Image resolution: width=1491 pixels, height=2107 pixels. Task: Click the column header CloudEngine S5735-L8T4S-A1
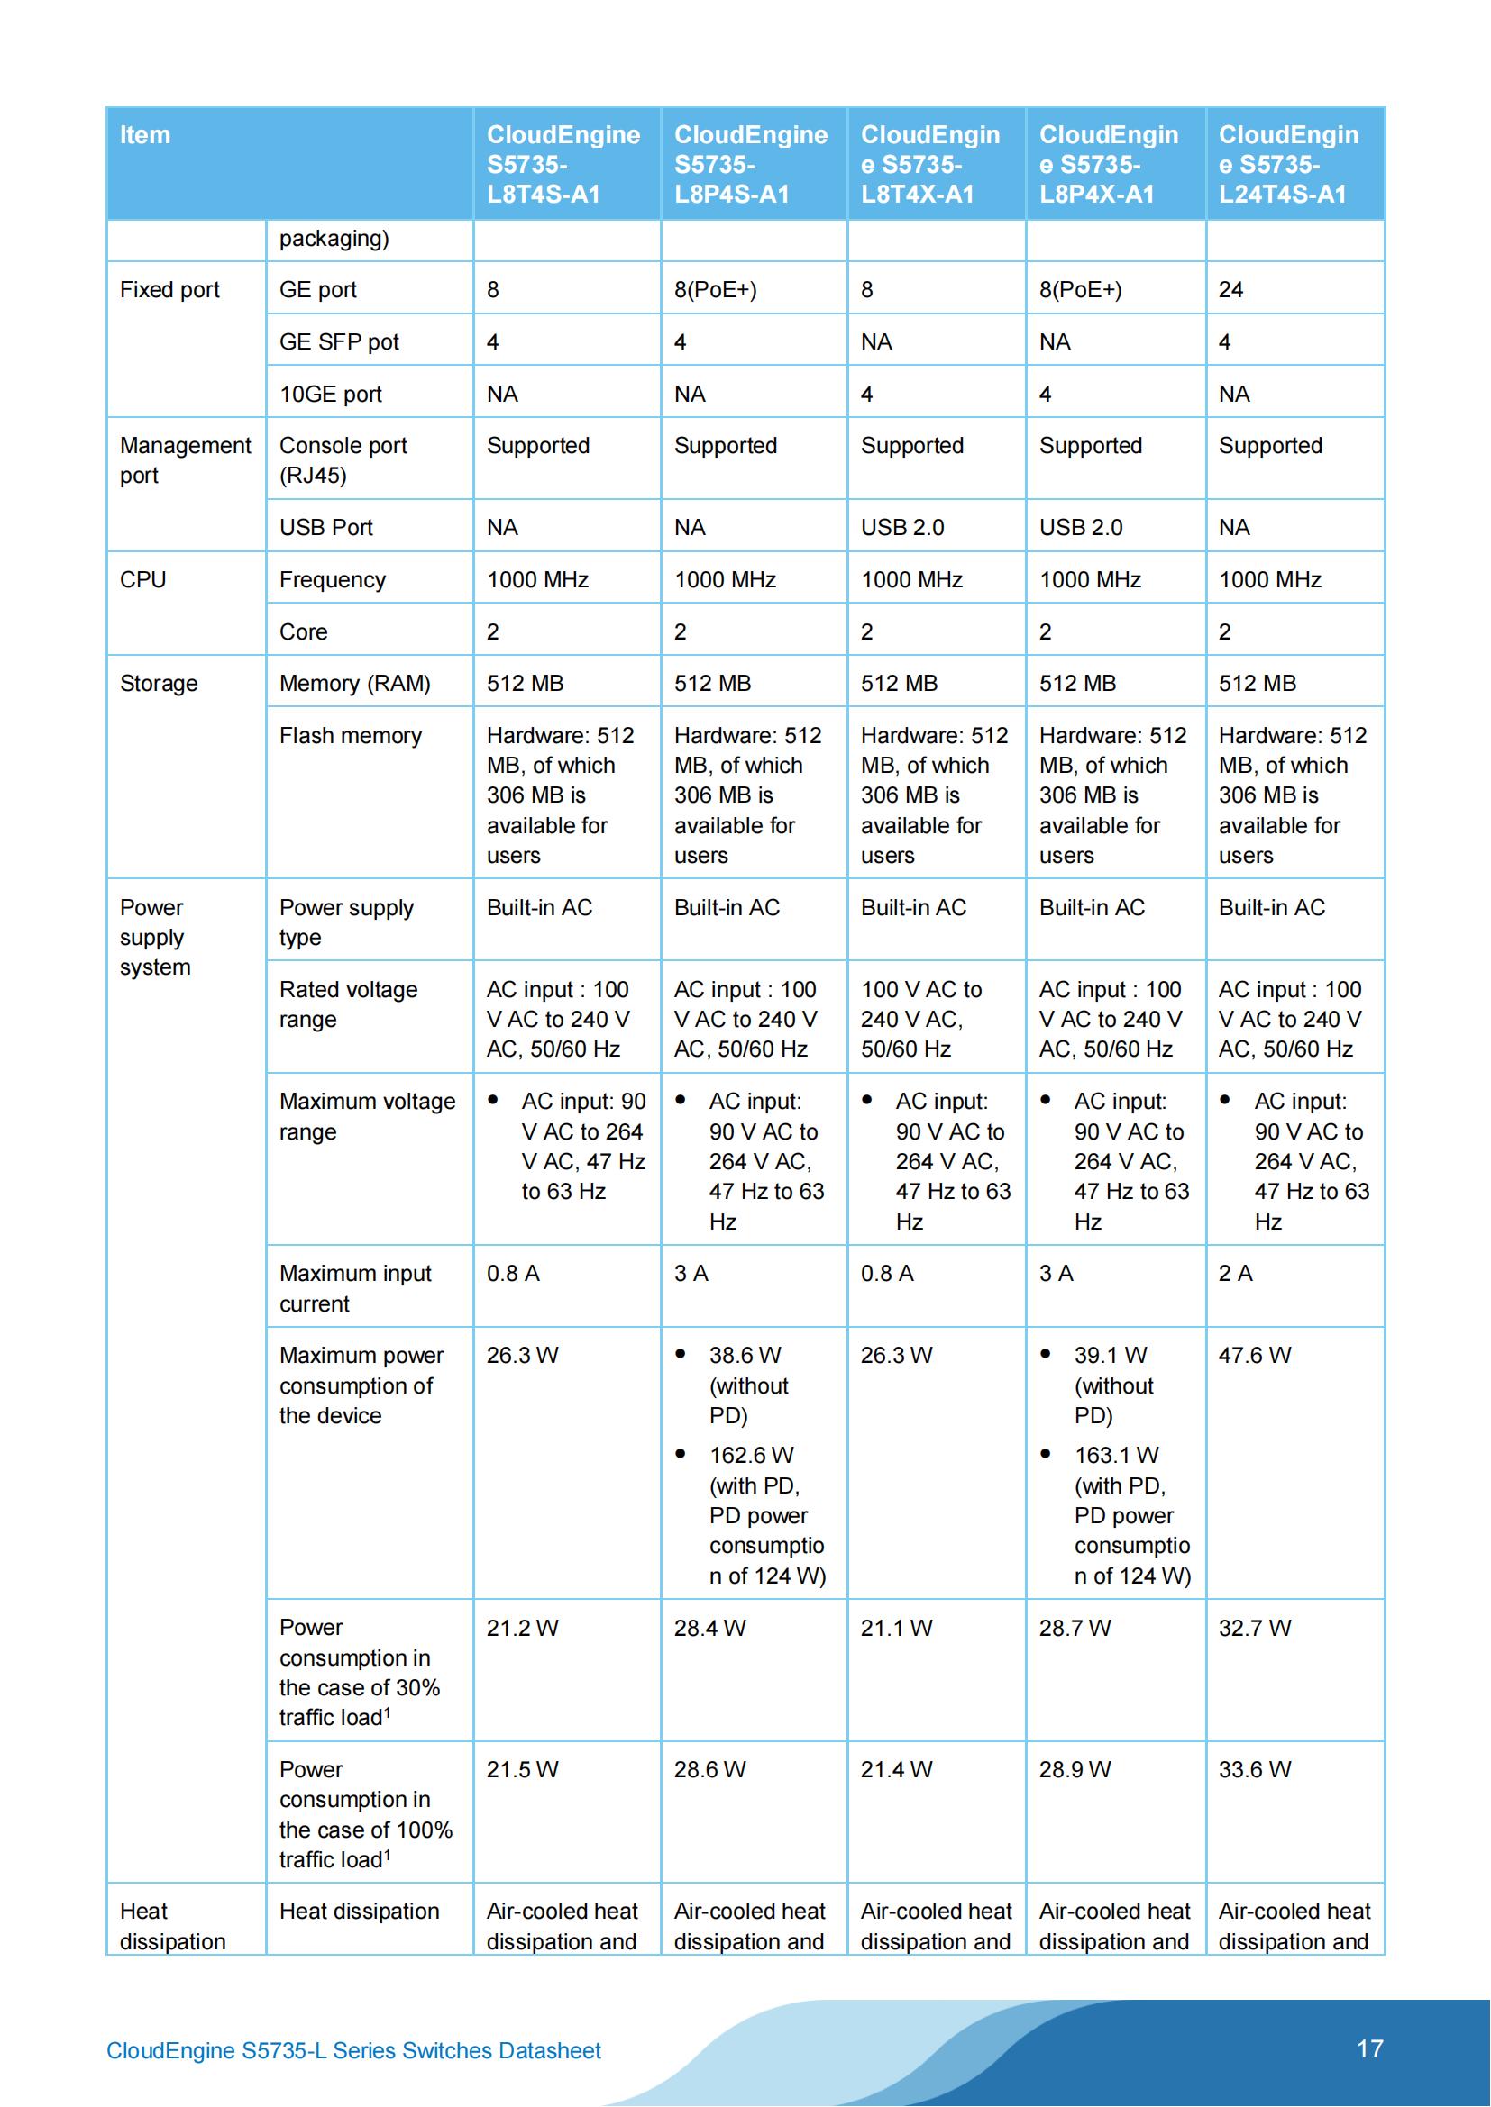pos(563,164)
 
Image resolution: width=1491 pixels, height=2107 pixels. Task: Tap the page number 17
pos(1369,2048)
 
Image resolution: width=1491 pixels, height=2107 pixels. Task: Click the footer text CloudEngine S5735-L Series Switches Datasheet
pos(353,2050)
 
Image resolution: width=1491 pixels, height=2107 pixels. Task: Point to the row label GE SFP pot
pos(339,342)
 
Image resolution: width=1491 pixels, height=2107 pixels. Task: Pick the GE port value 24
pos(1230,290)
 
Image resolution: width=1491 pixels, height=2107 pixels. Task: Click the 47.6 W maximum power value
pos(1254,1356)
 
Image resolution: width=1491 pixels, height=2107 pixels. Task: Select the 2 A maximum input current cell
pos(1235,1274)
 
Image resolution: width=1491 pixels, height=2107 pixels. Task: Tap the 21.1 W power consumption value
pos(896,1628)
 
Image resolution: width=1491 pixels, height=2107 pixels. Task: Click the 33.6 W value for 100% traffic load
pos(1254,1769)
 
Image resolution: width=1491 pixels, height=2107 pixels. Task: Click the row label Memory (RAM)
pos(354,684)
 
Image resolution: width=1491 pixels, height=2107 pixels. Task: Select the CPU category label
pos(143,580)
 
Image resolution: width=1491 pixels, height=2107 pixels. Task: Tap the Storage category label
pos(159,684)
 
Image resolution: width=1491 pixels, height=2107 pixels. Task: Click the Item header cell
pos(145,135)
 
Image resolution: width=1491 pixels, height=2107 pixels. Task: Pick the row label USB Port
pos(326,528)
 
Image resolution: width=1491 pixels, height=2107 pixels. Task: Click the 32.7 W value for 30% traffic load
pos(1254,1628)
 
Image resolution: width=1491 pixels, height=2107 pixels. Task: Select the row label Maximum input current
pos(354,1288)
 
